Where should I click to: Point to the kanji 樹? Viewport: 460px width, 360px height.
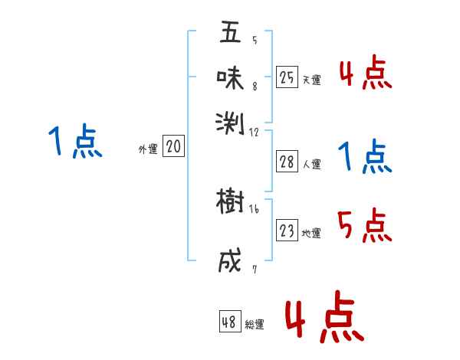pos(230,202)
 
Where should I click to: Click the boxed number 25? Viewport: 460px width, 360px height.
pos(287,77)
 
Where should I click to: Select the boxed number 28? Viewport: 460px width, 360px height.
pos(287,162)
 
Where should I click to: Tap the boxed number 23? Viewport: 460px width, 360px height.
pos(287,231)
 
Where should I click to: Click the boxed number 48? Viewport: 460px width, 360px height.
pos(229,322)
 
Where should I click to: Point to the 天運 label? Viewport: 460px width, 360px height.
pos(311,80)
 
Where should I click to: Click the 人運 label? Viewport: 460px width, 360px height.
pos(311,164)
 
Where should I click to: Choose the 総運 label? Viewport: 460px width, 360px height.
pos(255,325)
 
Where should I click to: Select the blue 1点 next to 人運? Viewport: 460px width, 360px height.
pos(364,156)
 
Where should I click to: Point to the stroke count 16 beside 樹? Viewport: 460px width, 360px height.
pos(254,209)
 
